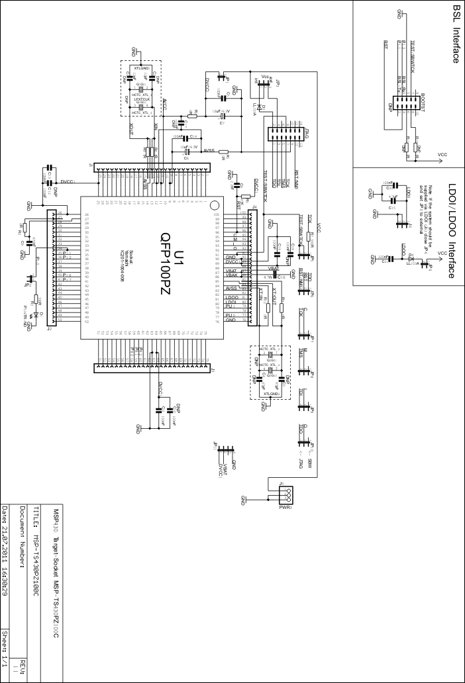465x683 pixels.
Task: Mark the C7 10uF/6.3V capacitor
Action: [x=223, y=117]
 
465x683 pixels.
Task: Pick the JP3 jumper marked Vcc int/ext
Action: [x=266, y=82]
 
